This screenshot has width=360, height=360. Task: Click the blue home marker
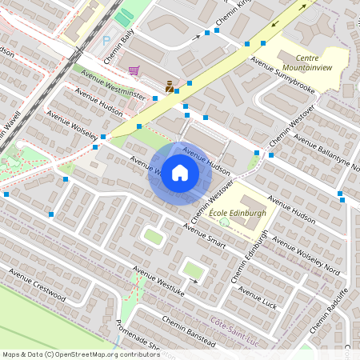[x=180, y=173]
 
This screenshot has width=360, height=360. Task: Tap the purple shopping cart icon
[x=134, y=70]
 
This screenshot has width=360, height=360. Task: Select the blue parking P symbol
[x=107, y=40]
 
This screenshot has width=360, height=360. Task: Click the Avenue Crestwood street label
[x=36, y=283]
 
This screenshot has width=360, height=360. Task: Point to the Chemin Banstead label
[x=189, y=330]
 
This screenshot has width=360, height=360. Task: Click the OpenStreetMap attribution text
[x=80, y=354]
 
